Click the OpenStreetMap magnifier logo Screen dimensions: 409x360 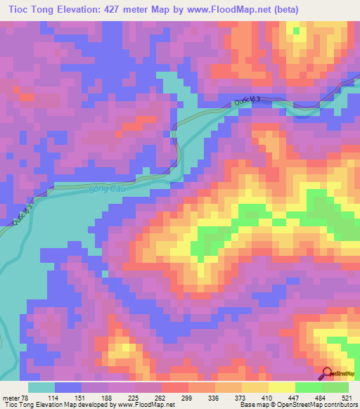coord(328,374)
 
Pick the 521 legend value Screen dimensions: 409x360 coord(347,397)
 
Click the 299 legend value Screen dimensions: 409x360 coord(188,397)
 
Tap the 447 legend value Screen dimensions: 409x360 coord(295,397)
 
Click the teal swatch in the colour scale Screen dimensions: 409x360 coord(41,387)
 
